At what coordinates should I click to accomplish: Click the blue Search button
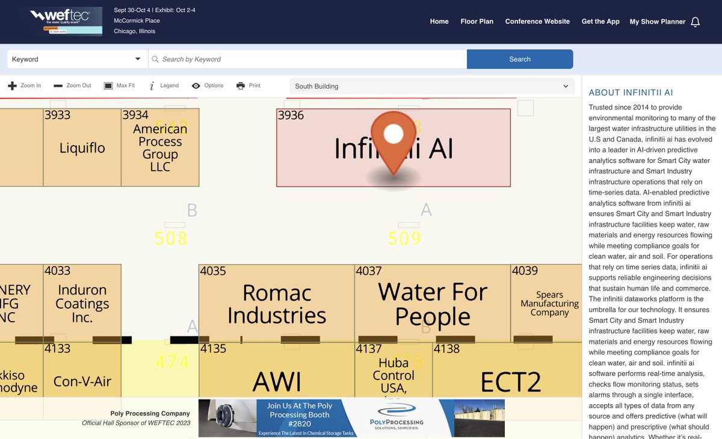[519, 59]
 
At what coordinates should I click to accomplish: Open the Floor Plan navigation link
[477, 22]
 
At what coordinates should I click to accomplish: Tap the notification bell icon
[695, 22]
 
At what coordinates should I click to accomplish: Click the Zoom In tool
[25, 85]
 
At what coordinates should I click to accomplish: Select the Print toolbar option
[248, 85]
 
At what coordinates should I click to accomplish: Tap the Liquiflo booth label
[82, 147]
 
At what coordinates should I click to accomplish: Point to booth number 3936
[291, 115]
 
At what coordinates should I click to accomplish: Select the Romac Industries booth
[277, 304]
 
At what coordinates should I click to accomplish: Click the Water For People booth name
[433, 304]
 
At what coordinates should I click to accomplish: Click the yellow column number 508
[171, 238]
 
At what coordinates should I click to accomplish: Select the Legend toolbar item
[164, 85]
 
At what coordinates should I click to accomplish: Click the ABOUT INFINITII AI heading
[631, 93]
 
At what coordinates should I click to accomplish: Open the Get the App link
[600, 22]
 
